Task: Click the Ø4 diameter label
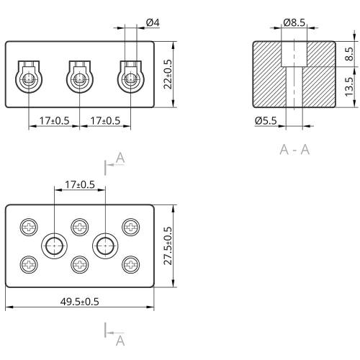point(153,23)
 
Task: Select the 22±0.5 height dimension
point(168,74)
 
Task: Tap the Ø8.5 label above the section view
point(294,22)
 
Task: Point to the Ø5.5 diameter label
point(266,120)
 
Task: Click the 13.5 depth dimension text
point(349,86)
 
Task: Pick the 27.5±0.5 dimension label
point(168,246)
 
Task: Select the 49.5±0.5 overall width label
point(79,302)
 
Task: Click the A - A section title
point(294,150)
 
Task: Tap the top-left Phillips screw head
point(29,227)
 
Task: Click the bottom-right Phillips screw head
point(131,264)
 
